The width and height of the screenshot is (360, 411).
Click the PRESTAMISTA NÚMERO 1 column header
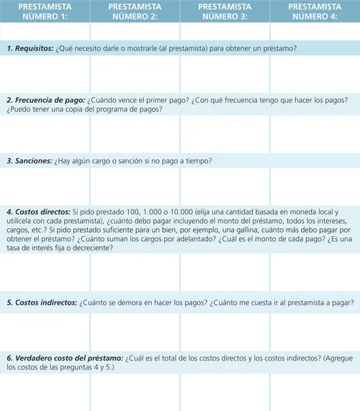(45, 11)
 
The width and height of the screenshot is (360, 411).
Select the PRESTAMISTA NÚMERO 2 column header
(135, 11)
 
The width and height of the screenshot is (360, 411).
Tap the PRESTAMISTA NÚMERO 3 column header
(225, 11)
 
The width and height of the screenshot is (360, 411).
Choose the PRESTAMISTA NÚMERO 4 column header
(315, 11)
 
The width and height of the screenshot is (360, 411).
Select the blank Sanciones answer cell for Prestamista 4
(315, 184)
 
